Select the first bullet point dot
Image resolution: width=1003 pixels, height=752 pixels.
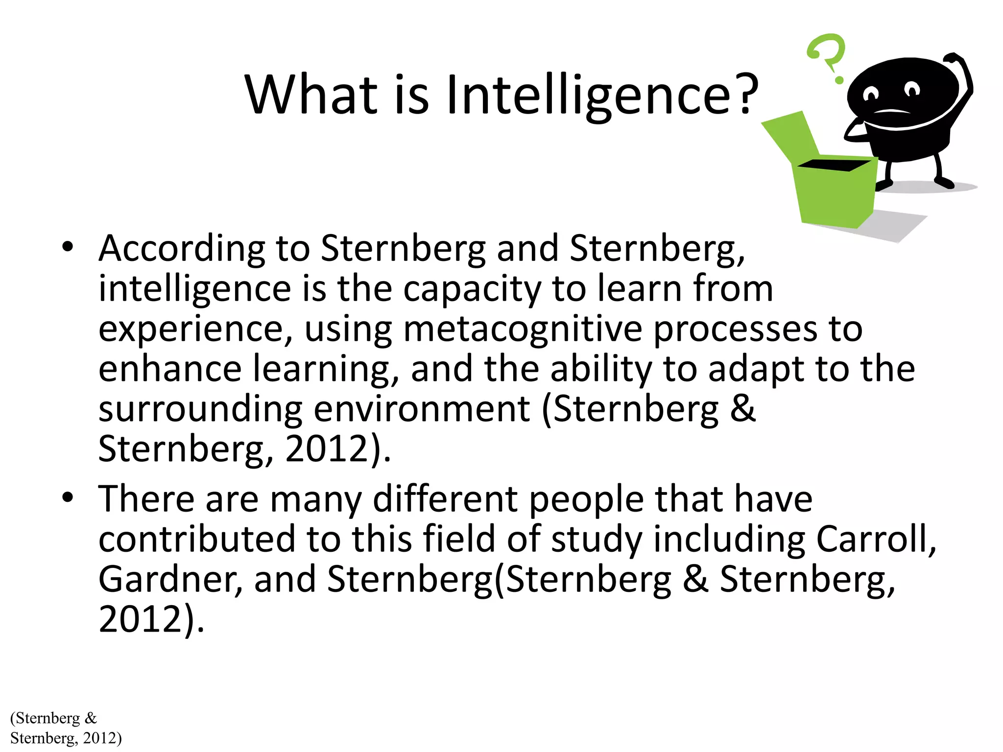tap(68, 246)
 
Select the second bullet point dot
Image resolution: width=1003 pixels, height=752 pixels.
tap(68, 497)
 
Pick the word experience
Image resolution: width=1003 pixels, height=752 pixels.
tap(191, 329)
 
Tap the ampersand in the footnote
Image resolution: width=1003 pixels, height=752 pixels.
tap(91, 718)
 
